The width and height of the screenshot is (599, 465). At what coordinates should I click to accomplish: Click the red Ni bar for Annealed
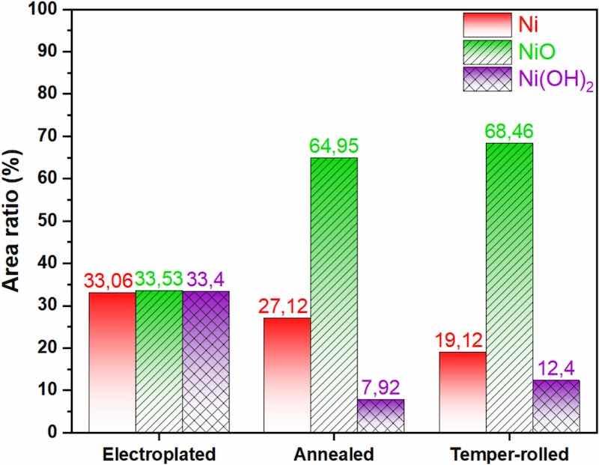(x=288, y=374)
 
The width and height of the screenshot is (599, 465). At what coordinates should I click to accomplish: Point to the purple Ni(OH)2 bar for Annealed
(x=381, y=416)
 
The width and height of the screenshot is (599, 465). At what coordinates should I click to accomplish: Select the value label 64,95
(x=335, y=145)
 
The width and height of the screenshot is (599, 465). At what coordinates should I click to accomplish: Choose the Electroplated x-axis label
(x=159, y=454)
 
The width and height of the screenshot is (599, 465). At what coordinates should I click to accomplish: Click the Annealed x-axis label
(x=335, y=454)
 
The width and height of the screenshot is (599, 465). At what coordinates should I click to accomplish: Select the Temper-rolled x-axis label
(x=509, y=454)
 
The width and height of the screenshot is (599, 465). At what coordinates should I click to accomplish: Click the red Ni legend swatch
(x=488, y=25)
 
